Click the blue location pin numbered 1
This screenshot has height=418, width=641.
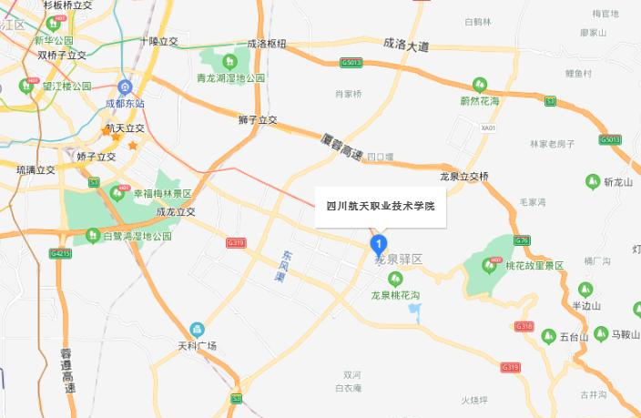click(x=378, y=244)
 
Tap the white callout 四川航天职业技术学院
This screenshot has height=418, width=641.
click(x=381, y=206)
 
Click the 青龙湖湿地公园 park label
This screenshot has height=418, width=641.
click(x=232, y=78)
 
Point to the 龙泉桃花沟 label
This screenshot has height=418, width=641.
click(x=394, y=296)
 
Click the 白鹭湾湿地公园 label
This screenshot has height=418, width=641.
click(x=137, y=236)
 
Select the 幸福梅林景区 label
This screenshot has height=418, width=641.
click(x=162, y=194)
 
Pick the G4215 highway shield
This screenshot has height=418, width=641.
click(x=61, y=252)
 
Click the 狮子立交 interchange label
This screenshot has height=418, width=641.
click(x=258, y=120)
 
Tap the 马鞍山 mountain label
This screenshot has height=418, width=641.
click(x=626, y=334)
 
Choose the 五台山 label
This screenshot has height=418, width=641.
click(x=574, y=337)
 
